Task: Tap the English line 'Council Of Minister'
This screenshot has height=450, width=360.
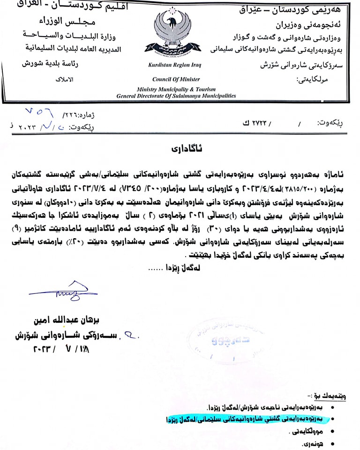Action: coord(176,79)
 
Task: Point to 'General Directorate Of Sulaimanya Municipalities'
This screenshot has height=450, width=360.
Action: coord(176,96)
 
